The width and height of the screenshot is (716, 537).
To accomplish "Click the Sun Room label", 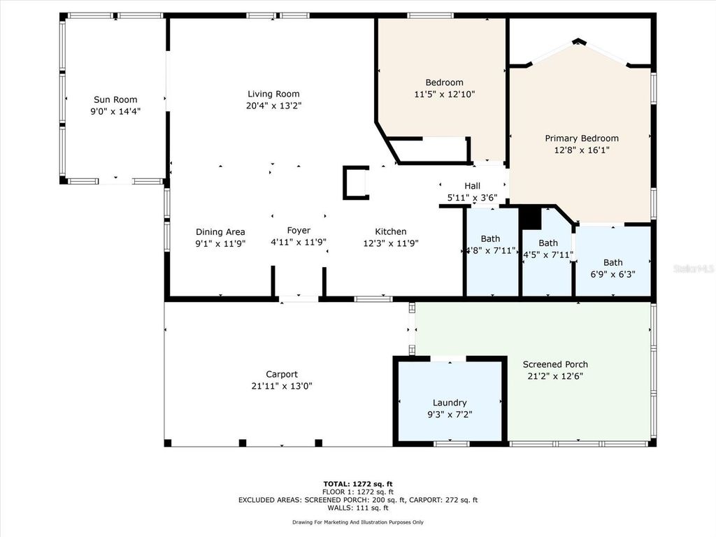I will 115,99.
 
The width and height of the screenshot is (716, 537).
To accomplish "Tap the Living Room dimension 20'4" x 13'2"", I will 273,106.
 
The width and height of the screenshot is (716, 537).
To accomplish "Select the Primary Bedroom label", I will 582,138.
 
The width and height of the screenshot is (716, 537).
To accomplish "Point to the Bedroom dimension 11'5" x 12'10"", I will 445,94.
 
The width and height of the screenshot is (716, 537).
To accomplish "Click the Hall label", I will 472,186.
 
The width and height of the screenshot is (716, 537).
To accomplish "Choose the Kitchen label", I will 390,231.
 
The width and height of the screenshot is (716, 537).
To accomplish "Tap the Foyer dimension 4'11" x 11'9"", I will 299,243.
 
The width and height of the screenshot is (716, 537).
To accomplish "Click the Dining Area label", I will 220,231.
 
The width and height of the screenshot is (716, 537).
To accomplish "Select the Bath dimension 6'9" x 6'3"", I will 613,274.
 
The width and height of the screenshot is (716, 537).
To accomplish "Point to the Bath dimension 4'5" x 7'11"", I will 548,255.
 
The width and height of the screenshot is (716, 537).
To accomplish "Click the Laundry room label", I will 450,403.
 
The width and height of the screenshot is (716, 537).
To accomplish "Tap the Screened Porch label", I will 555,364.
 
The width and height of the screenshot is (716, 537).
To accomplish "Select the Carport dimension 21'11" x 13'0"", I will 282,385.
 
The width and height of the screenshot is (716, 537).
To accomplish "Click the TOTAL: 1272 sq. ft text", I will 357,484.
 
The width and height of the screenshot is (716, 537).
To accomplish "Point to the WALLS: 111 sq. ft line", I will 357,508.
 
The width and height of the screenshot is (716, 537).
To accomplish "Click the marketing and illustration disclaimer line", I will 357,522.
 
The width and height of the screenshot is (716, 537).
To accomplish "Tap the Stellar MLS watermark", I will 694,268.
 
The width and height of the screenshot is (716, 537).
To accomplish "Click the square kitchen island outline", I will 355,183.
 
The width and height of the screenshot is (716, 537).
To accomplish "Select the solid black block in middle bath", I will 531,218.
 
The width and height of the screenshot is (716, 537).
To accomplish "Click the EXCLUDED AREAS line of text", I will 357,500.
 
